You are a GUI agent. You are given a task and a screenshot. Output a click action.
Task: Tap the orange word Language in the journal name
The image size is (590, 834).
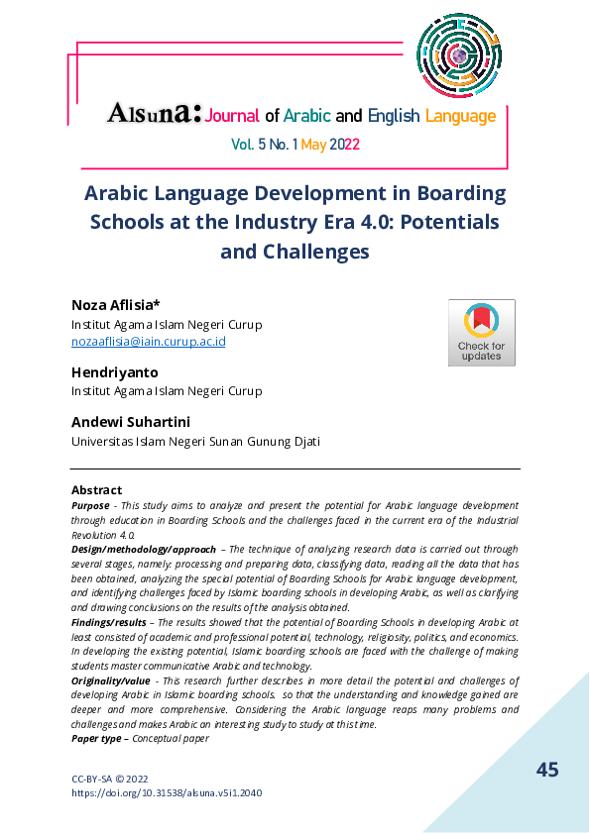pos(460,117)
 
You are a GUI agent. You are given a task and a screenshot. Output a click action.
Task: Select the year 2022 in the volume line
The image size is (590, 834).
pos(344,145)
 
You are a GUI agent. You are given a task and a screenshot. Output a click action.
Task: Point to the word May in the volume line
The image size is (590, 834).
pos(313,145)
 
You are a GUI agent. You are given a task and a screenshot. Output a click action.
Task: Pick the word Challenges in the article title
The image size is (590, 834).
pos(313,252)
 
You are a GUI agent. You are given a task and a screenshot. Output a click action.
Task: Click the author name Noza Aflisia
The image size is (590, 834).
pos(108,304)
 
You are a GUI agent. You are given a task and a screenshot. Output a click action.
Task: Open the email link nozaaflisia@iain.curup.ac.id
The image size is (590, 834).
pos(149,341)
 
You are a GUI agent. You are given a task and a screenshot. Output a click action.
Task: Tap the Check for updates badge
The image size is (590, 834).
pos(481,333)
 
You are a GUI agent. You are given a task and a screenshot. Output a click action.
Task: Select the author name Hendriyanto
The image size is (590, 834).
pos(114,371)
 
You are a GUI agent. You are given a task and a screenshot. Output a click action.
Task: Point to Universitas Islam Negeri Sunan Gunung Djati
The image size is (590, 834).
pos(195,441)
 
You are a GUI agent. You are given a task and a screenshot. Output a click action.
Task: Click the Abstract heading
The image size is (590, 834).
pos(96,489)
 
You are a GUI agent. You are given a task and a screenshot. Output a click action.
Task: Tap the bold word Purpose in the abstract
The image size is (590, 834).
pos(90,505)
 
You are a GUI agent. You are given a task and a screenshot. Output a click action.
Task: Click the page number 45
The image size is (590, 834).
pos(547,770)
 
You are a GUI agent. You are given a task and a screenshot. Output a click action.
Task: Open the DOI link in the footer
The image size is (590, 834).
pos(167,792)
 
